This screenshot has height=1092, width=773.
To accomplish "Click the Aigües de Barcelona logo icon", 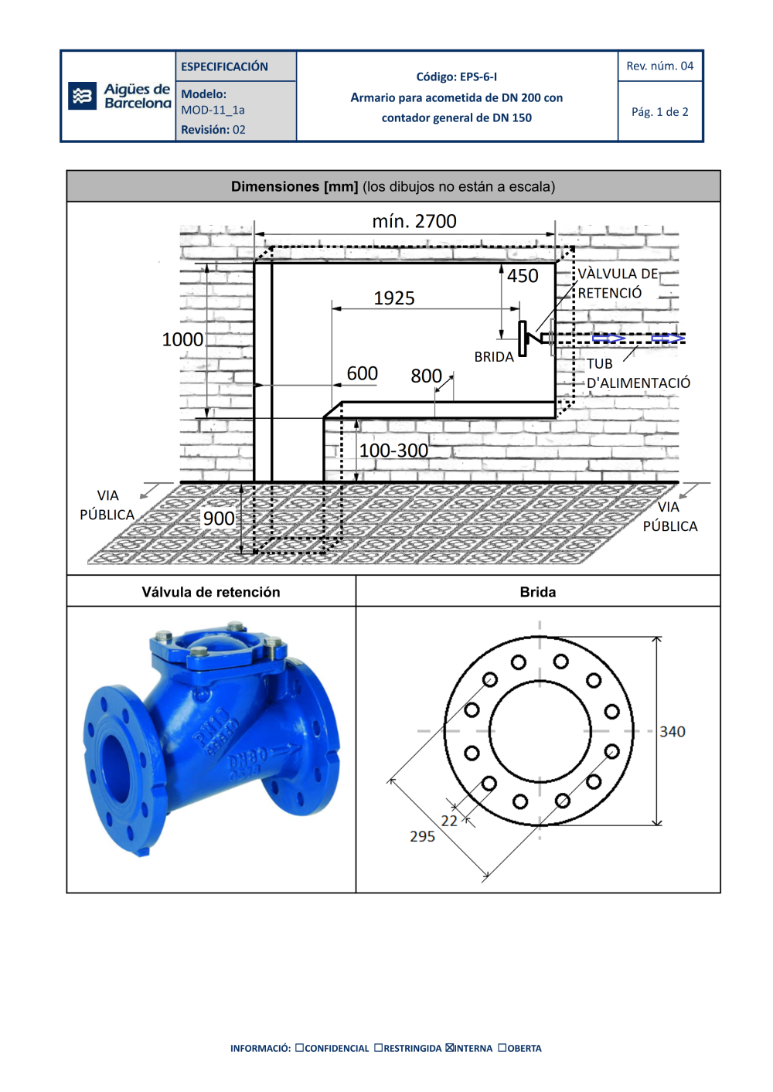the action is point(82,96).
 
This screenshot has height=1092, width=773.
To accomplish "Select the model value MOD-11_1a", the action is point(213,111).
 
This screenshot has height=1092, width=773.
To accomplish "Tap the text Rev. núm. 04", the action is point(660,66).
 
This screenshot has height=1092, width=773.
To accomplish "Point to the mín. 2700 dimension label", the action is point(414,221).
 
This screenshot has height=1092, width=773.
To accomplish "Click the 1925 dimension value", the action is point(394,298).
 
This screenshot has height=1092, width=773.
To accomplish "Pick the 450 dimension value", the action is point(523,276).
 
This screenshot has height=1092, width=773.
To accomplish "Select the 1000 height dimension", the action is point(182,339).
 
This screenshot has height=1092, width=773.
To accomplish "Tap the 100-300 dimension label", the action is point(393,451).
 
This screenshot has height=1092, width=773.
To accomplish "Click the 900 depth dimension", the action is point(219,519).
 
